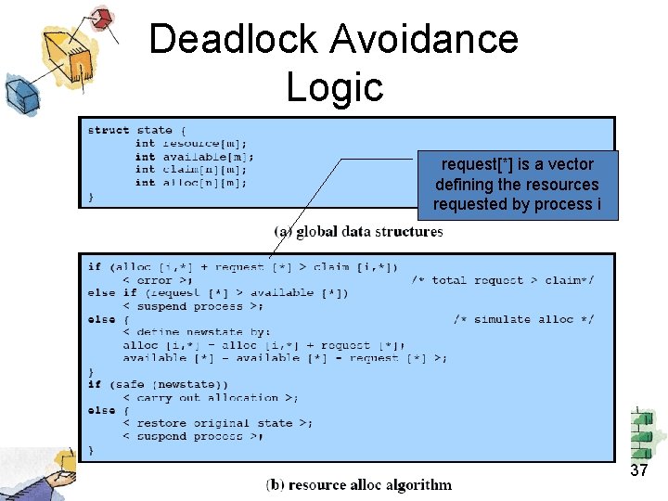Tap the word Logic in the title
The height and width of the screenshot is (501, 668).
[x=334, y=87]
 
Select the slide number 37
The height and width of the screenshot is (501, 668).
[x=638, y=470]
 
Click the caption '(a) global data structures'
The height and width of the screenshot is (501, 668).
[x=358, y=231]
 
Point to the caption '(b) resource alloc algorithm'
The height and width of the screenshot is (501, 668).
[x=358, y=484]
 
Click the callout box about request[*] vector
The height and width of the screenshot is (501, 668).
[x=517, y=185]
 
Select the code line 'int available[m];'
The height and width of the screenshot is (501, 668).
[x=194, y=157]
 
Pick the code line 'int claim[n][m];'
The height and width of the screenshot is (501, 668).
[x=190, y=170]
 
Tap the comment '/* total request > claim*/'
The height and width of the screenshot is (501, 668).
[x=503, y=280]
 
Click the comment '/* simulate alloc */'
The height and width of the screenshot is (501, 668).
[x=523, y=319]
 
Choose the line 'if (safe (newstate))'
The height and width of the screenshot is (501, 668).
[x=158, y=384]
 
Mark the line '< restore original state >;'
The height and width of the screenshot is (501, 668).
[x=217, y=423]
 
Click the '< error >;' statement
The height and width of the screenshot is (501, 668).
[x=157, y=280]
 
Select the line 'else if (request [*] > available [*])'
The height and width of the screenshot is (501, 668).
[x=218, y=293]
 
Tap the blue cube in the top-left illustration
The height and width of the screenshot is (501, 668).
[x=20, y=93]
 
